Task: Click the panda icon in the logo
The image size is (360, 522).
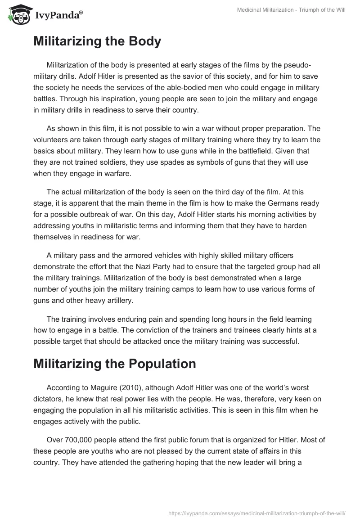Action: pos(18,15)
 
